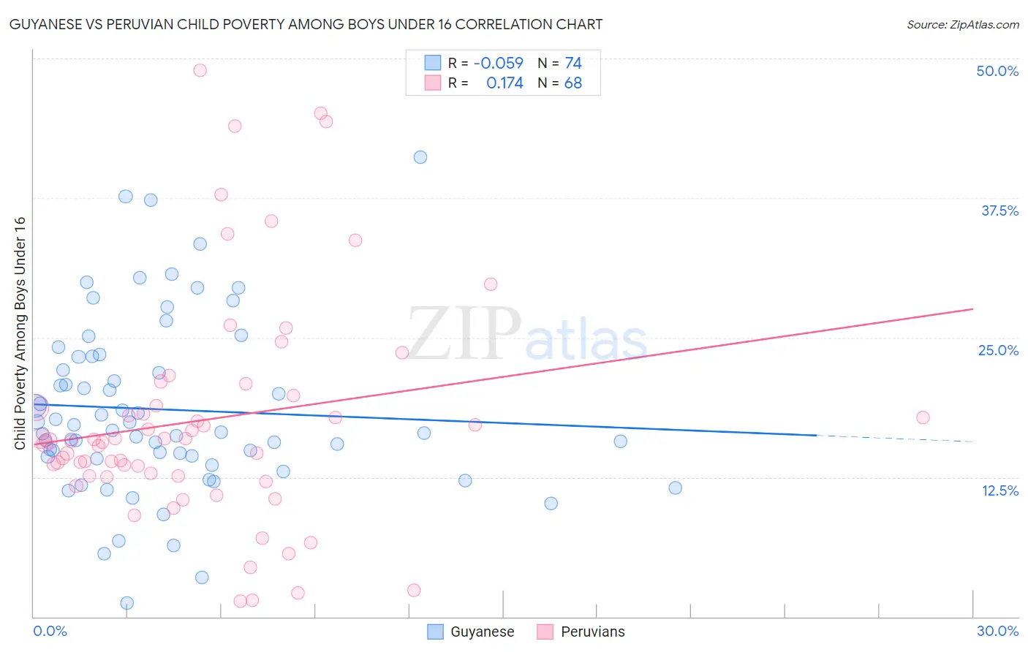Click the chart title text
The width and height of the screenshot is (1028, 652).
306,24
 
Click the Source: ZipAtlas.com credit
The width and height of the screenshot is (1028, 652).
962,25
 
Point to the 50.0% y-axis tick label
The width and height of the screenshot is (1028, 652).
997,71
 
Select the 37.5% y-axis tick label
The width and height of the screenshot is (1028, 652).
999,211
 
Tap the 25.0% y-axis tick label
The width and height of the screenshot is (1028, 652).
998,350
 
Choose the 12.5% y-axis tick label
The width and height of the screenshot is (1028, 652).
999,490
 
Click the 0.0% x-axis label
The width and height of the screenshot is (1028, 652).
50,631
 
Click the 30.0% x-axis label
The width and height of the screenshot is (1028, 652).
997,631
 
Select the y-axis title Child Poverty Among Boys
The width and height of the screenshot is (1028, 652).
20,333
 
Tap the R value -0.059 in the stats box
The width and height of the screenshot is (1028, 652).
499,64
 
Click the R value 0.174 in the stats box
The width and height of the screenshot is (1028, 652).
504,83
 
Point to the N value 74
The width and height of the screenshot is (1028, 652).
573,64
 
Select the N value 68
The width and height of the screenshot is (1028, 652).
573,83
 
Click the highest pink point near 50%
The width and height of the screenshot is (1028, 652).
200,70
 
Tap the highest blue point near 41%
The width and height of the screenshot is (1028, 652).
420,157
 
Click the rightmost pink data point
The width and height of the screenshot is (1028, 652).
923,417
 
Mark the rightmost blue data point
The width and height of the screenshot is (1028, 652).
676,488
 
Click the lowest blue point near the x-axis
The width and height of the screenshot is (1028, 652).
127,603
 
